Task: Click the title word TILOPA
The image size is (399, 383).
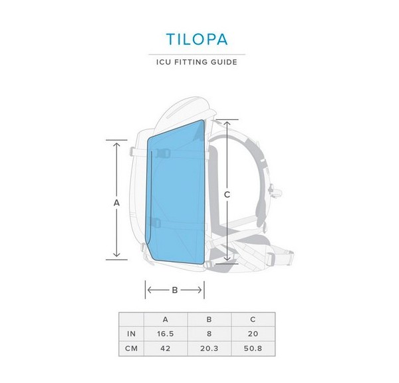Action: pos(199,38)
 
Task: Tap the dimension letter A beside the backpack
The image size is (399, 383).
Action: pos(116,201)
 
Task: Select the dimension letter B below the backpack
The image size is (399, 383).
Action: pos(174,290)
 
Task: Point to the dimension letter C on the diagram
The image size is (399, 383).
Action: pos(227,194)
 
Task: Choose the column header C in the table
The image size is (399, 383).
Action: pos(252,319)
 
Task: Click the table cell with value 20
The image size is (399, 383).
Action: pos(252,334)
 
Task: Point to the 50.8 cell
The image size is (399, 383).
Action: pos(252,348)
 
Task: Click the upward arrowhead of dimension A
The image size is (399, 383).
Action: pos(116,143)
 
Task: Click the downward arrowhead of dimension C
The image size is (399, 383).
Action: pos(227,260)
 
